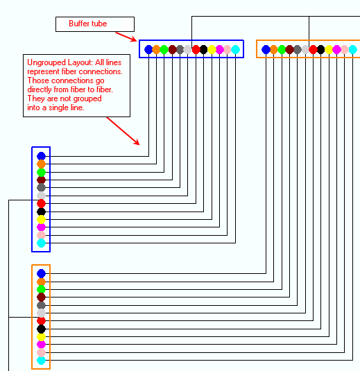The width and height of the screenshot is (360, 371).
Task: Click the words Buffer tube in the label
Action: tap(88, 24)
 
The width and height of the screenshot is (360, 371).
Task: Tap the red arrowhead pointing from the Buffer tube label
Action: tap(133, 39)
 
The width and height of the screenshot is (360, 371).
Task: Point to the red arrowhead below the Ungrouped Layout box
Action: tap(137, 142)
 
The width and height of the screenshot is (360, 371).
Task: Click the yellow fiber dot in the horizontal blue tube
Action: tap(212, 50)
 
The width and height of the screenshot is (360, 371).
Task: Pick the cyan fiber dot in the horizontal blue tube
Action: tap(236, 50)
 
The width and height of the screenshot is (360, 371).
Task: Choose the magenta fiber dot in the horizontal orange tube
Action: tap(336, 50)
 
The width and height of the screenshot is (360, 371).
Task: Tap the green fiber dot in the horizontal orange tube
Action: tap(282, 50)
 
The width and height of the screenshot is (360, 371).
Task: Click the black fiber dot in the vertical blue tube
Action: tap(41, 212)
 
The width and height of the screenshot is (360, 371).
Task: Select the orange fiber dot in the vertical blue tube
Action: tap(41, 164)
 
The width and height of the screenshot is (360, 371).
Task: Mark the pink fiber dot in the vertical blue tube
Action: tap(41, 235)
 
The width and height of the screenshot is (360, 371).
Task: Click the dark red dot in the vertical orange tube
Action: tap(41, 297)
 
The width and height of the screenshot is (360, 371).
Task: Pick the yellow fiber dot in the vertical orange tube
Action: tap(41, 337)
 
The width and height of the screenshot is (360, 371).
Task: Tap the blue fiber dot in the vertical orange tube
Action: tap(41, 273)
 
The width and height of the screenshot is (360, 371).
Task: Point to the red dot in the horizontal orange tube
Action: tap(313, 50)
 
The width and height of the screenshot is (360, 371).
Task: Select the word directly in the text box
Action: tap(40, 90)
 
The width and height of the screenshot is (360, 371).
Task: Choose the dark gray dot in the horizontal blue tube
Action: tap(180, 50)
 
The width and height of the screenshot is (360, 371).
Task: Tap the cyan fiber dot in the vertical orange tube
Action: tap(41, 361)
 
